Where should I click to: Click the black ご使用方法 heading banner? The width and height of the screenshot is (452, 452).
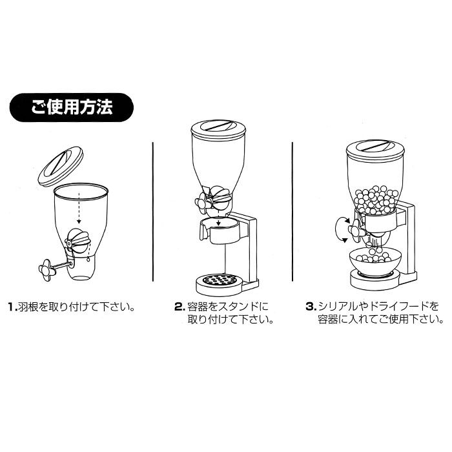[x=72, y=107]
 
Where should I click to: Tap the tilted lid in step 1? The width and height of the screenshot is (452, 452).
[x=61, y=166]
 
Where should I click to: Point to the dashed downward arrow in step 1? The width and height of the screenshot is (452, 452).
[x=79, y=208]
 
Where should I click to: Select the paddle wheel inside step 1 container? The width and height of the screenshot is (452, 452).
[x=77, y=240]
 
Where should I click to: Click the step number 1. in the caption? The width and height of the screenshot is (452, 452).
[x=13, y=307]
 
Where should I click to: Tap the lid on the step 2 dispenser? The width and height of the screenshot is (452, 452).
[x=218, y=129]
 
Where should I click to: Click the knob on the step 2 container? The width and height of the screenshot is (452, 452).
[x=203, y=202]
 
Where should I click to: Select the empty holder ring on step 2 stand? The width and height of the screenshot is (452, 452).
[x=221, y=230]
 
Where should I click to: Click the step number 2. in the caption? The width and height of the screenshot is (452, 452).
[x=180, y=307]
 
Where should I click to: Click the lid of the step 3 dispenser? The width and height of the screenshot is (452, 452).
[x=375, y=150]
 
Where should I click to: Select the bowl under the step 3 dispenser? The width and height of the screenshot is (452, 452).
[x=375, y=262]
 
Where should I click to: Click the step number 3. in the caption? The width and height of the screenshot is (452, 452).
[x=311, y=307]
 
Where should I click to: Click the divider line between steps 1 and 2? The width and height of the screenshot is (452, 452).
[x=152, y=212]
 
